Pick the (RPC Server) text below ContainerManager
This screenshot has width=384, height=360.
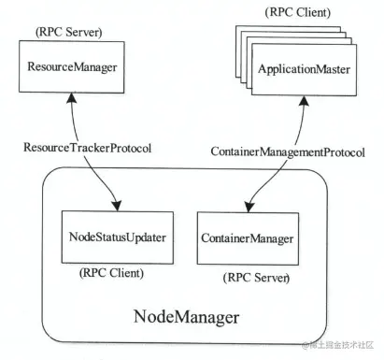[254, 279]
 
